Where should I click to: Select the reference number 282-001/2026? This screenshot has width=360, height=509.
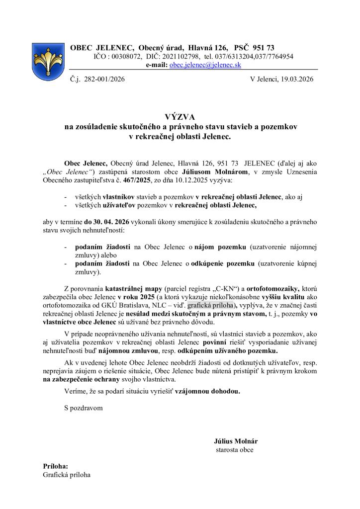(105, 79)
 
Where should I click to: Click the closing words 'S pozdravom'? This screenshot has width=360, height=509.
(84, 408)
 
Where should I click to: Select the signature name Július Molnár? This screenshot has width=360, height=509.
(236, 441)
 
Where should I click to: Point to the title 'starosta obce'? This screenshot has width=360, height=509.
(234, 450)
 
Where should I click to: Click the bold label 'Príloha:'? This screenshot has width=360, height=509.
(55, 466)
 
